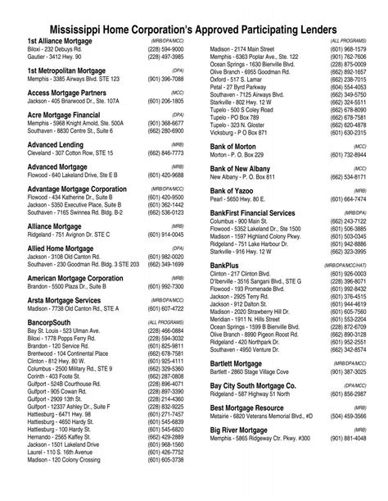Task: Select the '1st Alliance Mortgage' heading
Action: [59, 40]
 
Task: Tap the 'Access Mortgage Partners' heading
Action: [66, 93]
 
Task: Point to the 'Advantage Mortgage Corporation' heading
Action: [77, 189]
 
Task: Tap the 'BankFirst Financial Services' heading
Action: [264, 212]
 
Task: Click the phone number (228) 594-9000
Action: [166, 49]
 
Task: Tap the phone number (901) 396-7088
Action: [166, 80]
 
